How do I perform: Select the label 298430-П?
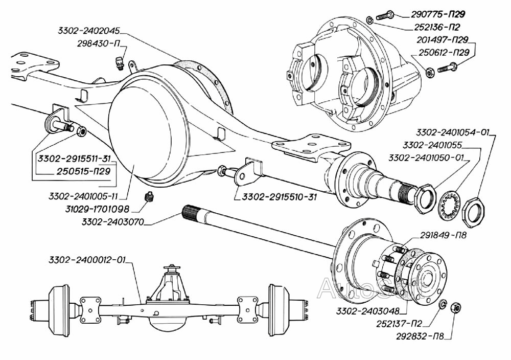pos(97,44)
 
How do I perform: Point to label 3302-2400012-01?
pos(87,260)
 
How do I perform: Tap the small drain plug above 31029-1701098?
pos(150,197)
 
